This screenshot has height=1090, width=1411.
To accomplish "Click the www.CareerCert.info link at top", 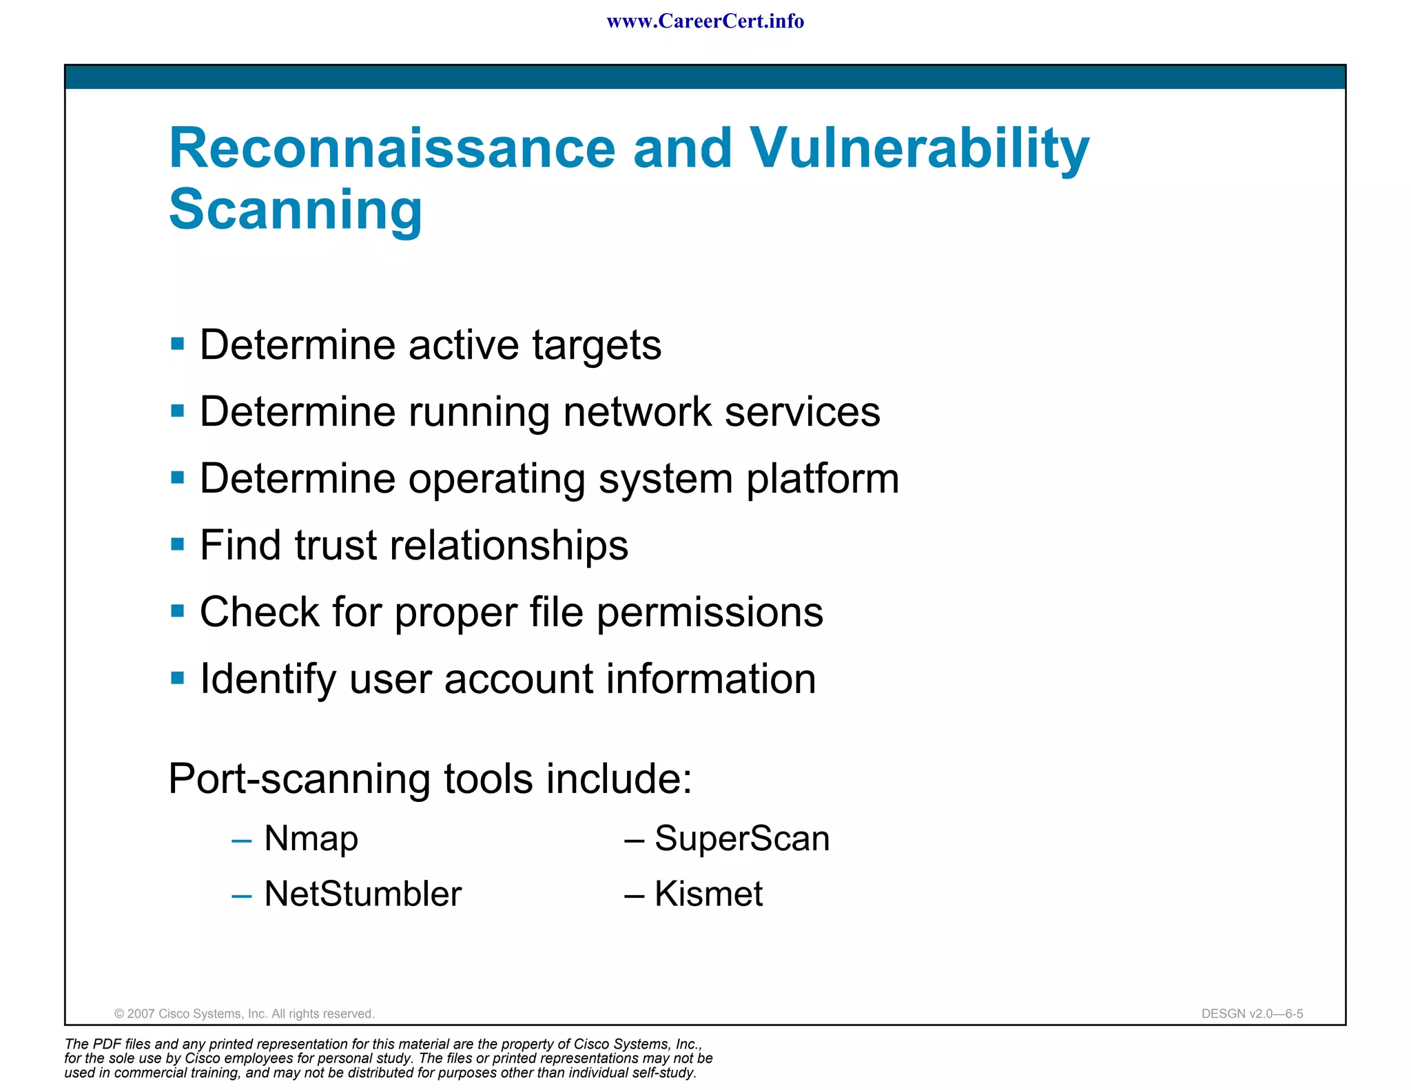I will click(x=705, y=21).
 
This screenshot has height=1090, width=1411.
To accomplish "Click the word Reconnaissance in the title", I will click(x=392, y=148).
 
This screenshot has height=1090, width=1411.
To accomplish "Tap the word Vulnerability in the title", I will click(x=919, y=148).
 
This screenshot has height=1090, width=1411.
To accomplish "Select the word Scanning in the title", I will click(x=296, y=209).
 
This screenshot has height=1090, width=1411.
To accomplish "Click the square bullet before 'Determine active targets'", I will click(x=178, y=344).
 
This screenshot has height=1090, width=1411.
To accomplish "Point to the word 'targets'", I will click(x=597, y=345).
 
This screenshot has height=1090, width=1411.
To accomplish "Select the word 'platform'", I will click(x=823, y=479).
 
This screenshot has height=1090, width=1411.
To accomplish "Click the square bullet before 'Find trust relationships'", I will click(x=178, y=544).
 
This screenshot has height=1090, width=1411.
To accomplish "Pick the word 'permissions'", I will click(x=710, y=613).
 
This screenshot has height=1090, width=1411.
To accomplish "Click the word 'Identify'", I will click(x=267, y=679).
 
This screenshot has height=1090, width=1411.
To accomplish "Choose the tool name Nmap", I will click(x=311, y=839).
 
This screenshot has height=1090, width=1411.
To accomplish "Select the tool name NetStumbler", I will click(x=362, y=894).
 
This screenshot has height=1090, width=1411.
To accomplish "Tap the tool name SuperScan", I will click(x=741, y=839).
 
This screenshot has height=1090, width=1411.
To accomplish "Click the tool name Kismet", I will click(x=708, y=894).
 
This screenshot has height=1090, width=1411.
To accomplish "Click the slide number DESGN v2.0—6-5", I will click(x=1252, y=1014).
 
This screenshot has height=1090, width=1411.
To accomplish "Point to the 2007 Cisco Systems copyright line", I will click(x=244, y=1014).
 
